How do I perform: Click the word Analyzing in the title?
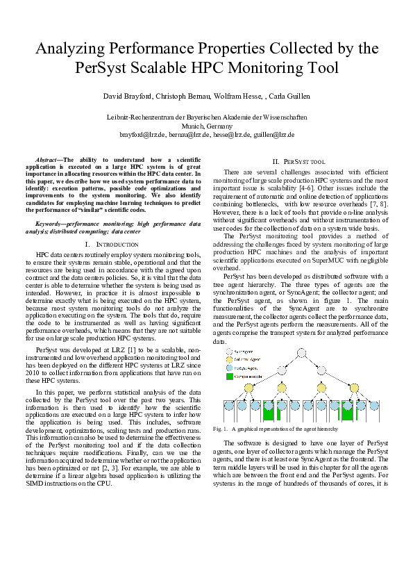(x=67, y=49)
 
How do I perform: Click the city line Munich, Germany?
(x=207, y=126)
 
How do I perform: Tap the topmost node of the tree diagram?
(x=301, y=352)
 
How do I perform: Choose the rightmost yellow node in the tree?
(x=360, y=388)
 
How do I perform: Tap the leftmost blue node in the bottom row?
(x=228, y=406)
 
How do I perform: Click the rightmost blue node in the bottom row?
(x=374, y=406)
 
